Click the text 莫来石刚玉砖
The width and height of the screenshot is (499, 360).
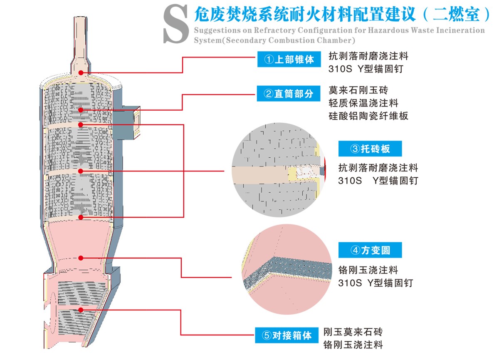coord(358,90)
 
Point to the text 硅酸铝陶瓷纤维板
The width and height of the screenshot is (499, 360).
coord(368,116)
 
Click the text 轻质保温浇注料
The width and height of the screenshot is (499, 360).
coord(363,103)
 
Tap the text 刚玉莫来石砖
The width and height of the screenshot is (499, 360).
coord(353,332)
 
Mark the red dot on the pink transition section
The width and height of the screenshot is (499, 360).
coord(81,258)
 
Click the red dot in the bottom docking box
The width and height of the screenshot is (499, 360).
coord(81,310)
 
